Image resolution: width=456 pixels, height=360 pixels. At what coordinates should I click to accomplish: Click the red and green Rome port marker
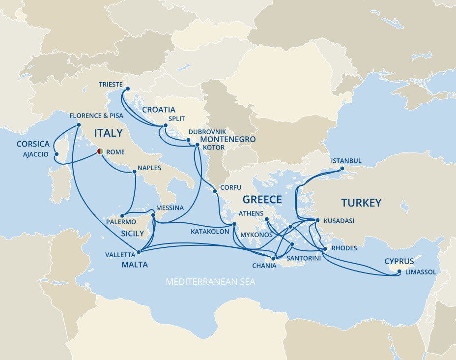point(100,151)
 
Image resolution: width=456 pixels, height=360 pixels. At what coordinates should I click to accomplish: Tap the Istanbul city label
point(346,161)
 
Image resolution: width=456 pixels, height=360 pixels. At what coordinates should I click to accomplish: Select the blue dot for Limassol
point(399,271)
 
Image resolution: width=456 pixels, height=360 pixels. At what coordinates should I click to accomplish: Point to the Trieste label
point(111,84)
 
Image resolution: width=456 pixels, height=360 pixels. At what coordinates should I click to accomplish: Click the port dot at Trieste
point(127,89)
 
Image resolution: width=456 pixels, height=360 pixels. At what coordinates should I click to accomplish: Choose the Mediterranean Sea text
point(210,282)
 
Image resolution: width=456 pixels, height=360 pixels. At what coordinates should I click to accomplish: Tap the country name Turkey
point(361,203)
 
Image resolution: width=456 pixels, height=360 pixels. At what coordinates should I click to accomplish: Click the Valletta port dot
point(139,252)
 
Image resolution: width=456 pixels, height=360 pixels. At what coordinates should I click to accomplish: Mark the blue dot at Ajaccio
point(57,154)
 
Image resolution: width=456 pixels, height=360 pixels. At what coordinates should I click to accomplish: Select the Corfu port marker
point(215,191)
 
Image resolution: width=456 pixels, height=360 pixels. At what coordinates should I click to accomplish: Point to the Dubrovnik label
point(207,132)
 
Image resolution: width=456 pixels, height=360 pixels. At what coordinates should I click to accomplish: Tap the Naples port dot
point(135,172)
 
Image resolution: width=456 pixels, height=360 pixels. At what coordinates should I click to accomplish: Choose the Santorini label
point(303,258)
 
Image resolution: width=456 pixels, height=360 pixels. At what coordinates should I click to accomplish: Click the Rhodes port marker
point(325,248)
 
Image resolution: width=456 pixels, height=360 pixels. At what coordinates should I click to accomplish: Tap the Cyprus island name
point(399,261)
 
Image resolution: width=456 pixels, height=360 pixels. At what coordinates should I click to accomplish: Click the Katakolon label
point(208,231)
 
